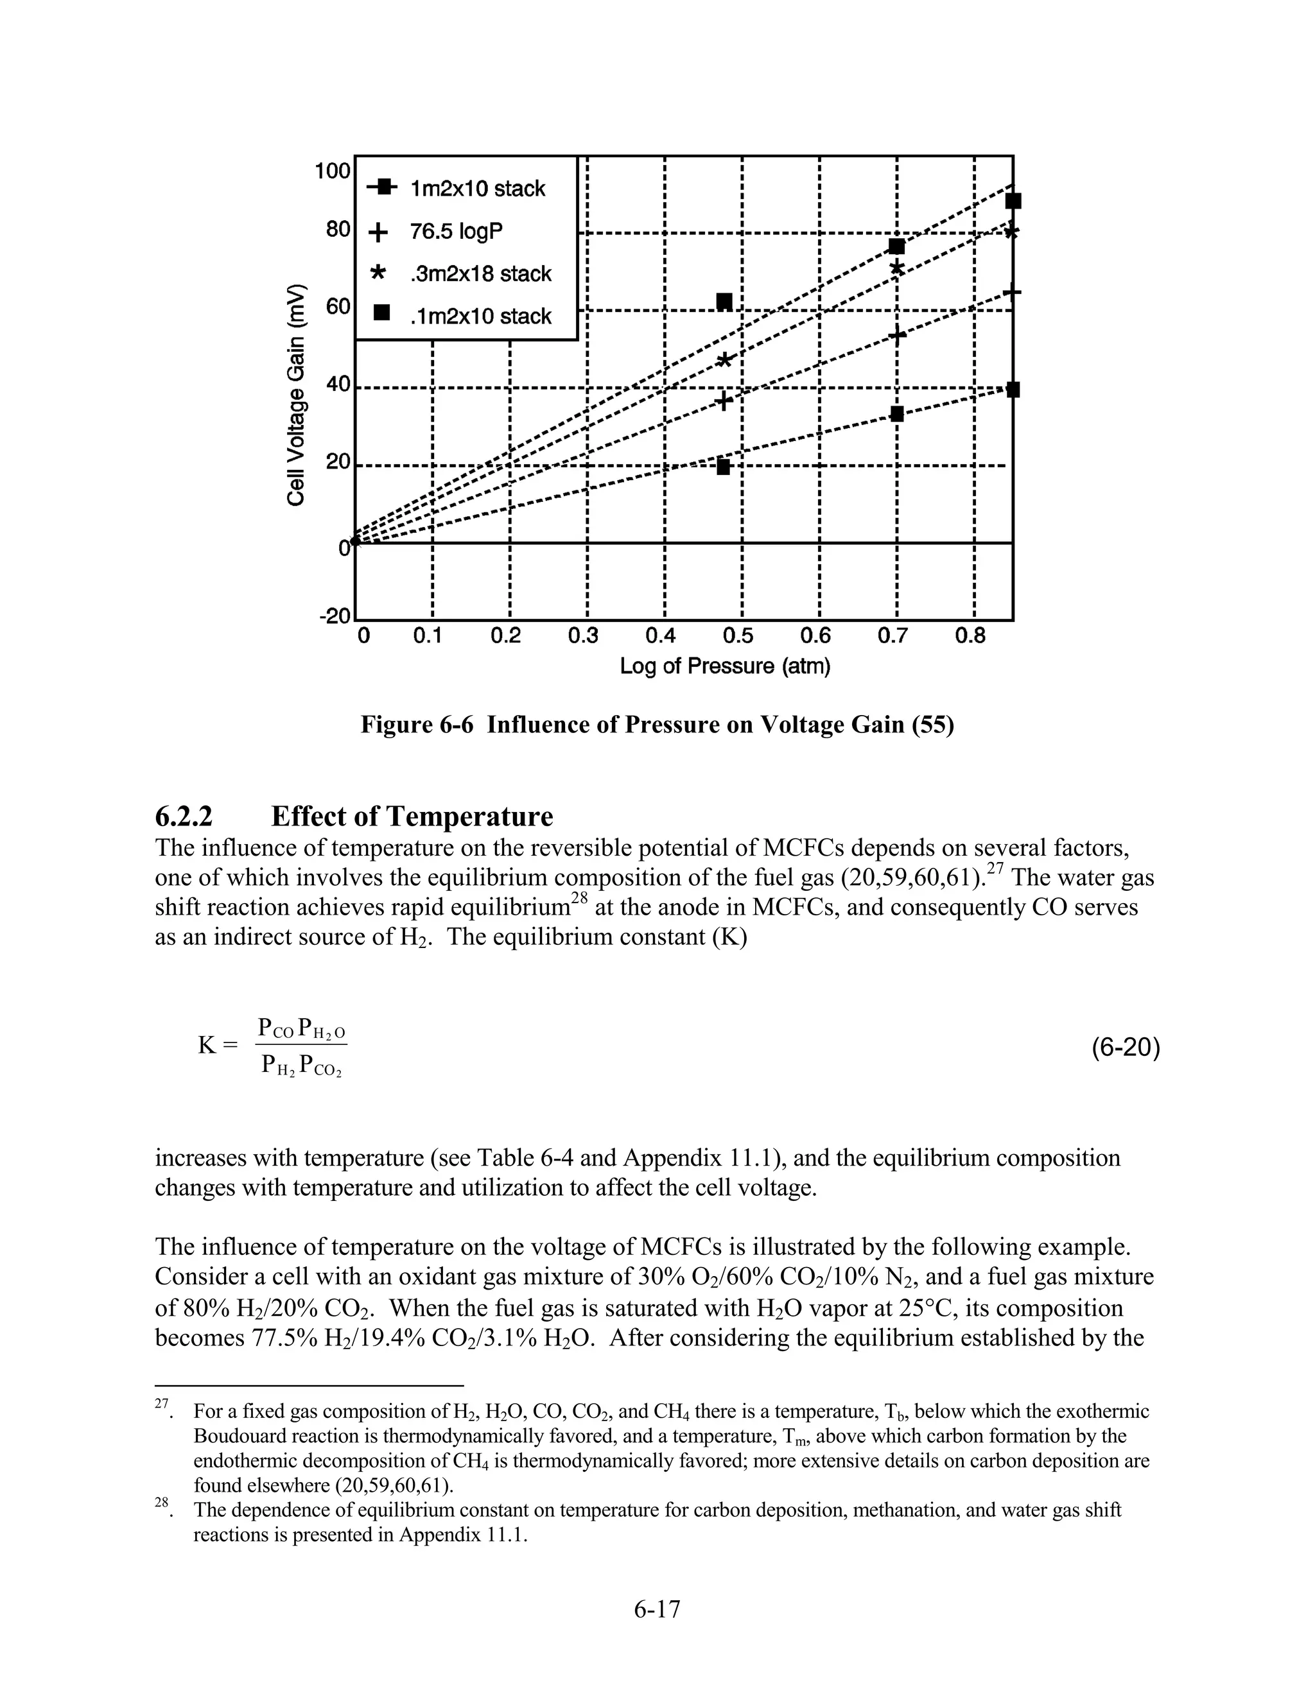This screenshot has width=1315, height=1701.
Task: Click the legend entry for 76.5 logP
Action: (456, 231)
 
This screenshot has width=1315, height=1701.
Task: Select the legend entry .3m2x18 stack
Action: (480, 273)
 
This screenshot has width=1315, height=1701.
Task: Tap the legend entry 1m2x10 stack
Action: (478, 189)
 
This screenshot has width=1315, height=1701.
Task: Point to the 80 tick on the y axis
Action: (337, 230)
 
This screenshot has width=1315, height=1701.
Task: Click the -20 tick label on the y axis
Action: (335, 616)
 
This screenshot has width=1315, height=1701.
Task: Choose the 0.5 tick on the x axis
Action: (737, 636)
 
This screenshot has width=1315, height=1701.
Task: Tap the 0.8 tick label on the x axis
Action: (970, 636)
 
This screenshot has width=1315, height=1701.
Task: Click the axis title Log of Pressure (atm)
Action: (724, 667)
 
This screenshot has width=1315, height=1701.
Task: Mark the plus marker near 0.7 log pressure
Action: (896, 336)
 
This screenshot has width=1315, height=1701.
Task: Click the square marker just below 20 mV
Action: (723, 467)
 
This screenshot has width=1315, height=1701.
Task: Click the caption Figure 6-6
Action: (656, 725)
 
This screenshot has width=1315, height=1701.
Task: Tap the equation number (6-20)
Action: (1125, 1048)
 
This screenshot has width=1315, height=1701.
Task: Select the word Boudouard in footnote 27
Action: (245, 1435)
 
